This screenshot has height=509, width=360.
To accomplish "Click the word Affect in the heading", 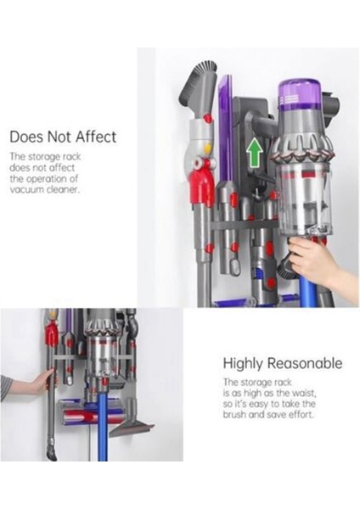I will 93,137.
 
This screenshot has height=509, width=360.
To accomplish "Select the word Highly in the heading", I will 246,363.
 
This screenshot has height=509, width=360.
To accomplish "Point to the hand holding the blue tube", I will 315,262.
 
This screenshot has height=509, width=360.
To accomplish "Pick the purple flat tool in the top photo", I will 225,127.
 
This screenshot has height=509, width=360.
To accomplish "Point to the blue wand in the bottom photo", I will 101,433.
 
